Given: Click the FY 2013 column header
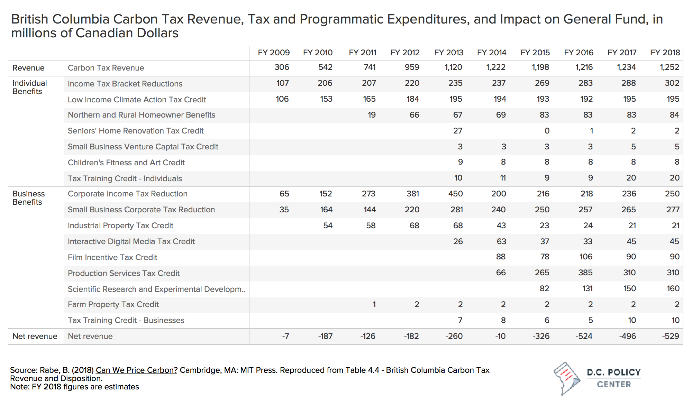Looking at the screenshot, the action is pyautogui.click(x=449, y=53).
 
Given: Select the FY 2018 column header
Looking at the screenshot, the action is pyautogui.click(x=665, y=53).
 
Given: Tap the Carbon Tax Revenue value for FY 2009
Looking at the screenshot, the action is pyautogui.click(x=282, y=67).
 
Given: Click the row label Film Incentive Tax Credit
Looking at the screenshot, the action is pyautogui.click(x=112, y=257).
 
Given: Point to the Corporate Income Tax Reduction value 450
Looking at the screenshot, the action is pyautogui.click(x=455, y=194).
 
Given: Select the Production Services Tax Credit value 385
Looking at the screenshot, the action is pyautogui.click(x=585, y=273).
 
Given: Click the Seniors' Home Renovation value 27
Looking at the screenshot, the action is pyautogui.click(x=458, y=131).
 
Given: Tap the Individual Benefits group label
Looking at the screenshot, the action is pyautogui.click(x=29, y=87).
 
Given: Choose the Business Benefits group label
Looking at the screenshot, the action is pyautogui.click(x=29, y=198).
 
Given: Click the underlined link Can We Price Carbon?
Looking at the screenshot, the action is pyautogui.click(x=136, y=370).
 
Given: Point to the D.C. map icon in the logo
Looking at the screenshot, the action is pyautogui.click(x=566, y=378).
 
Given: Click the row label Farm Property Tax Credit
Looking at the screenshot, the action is pyautogui.click(x=113, y=304).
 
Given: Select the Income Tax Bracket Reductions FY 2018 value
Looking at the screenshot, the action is pyautogui.click(x=672, y=83).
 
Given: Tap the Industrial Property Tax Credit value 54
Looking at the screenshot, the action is pyautogui.click(x=328, y=225).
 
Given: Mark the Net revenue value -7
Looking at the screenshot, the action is pyautogui.click(x=285, y=336).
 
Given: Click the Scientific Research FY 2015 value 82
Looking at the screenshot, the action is pyautogui.click(x=544, y=288).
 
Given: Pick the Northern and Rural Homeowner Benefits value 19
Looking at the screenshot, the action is pyautogui.click(x=372, y=115).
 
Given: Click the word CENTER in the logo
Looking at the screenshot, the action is pyautogui.click(x=614, y=384).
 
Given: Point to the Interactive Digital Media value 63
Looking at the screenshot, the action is pyautogui.click(x=501, y=241).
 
